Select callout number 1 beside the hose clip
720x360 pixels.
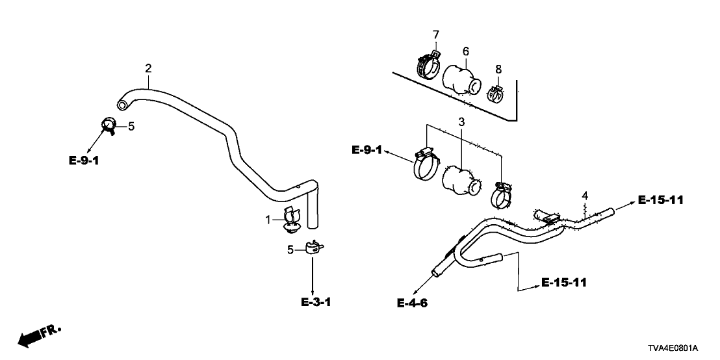[x=268, y=220]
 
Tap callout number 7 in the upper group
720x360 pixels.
[x=436, y=34]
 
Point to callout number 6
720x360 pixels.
[x=465, y=51]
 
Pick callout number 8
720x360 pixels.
[x=498, y=68]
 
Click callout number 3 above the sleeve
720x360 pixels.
[x=461, y=122]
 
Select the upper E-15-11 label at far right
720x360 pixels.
[x=661, y=200]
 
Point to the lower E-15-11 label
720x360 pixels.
[x=565, y=283]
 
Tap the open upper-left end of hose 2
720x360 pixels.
[x=121, y=105]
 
